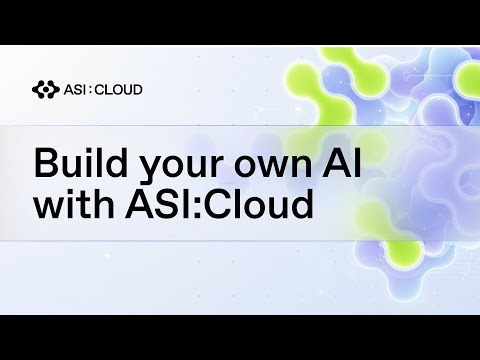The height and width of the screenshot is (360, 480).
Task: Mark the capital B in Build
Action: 46,163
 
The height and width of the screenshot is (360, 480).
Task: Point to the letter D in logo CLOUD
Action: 137,89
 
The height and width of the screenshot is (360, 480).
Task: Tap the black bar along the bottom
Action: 240,337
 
